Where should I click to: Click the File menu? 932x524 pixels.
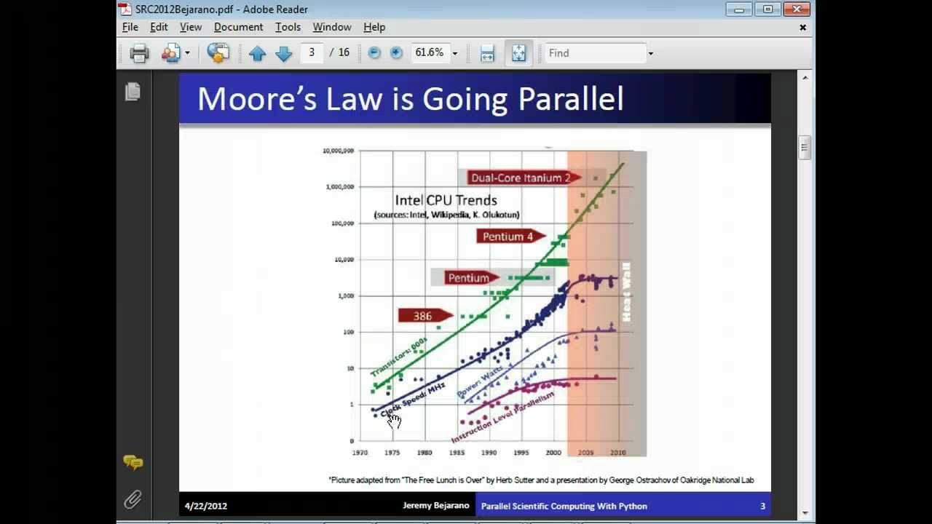pos(130,27)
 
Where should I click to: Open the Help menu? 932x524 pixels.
pos(374,27)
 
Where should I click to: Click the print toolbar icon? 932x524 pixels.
pos(139,53)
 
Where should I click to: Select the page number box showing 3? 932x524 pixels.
pos(312,52)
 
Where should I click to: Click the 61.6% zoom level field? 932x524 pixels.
pos(429,52)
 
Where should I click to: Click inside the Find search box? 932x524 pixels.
pos(595,53)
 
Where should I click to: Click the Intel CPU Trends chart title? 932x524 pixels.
pos(446,200)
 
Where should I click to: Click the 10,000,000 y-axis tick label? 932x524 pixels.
pos(339,151)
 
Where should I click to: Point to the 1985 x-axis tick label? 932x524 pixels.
pos(457,453)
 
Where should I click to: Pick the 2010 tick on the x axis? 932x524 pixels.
pos(618,453)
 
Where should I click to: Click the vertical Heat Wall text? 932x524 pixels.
pos(625,292)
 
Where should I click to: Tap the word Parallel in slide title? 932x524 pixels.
pos(571,99)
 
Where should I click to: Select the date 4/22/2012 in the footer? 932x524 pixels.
pos(206,506)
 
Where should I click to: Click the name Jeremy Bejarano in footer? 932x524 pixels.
pos(436,506)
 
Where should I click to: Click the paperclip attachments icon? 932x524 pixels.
pos(133,499)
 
